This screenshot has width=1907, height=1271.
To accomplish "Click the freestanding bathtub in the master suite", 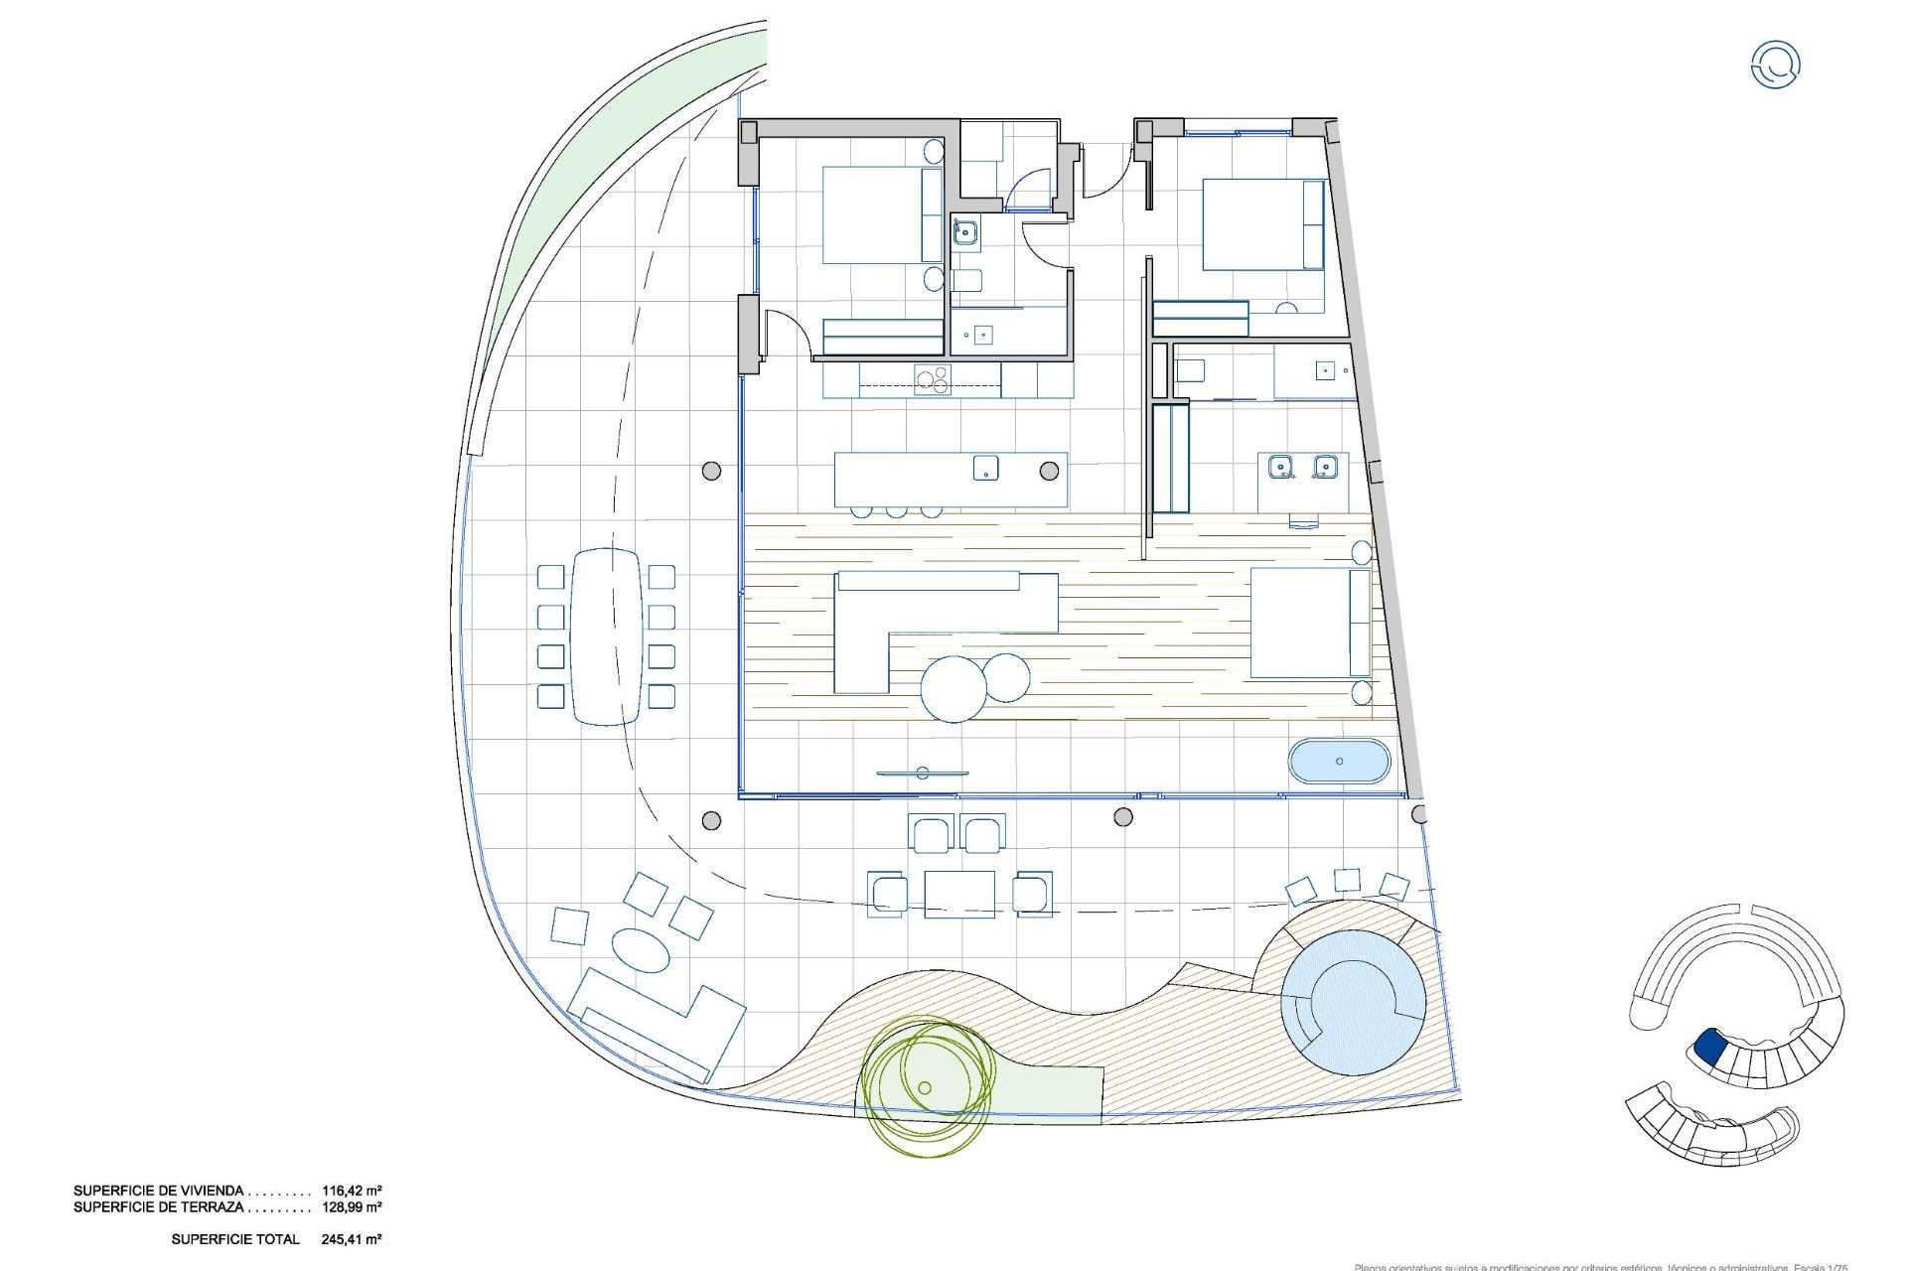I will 1339,762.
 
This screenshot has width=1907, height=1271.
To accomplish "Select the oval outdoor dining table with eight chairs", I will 606,635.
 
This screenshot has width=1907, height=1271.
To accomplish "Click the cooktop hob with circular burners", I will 237,379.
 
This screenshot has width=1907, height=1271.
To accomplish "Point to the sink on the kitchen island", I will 985,468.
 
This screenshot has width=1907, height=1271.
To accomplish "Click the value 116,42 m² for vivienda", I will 353,1190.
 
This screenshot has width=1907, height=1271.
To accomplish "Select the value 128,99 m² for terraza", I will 353,1207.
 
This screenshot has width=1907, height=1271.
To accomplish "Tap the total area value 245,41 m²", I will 353,1239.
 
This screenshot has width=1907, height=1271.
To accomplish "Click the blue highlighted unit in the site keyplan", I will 1709,1046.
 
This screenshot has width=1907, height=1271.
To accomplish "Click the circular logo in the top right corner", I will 1775,65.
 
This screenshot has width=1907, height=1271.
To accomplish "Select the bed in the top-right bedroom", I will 1262,224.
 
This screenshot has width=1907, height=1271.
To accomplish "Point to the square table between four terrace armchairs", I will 959,893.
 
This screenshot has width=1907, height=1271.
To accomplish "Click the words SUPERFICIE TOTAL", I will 235,1239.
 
